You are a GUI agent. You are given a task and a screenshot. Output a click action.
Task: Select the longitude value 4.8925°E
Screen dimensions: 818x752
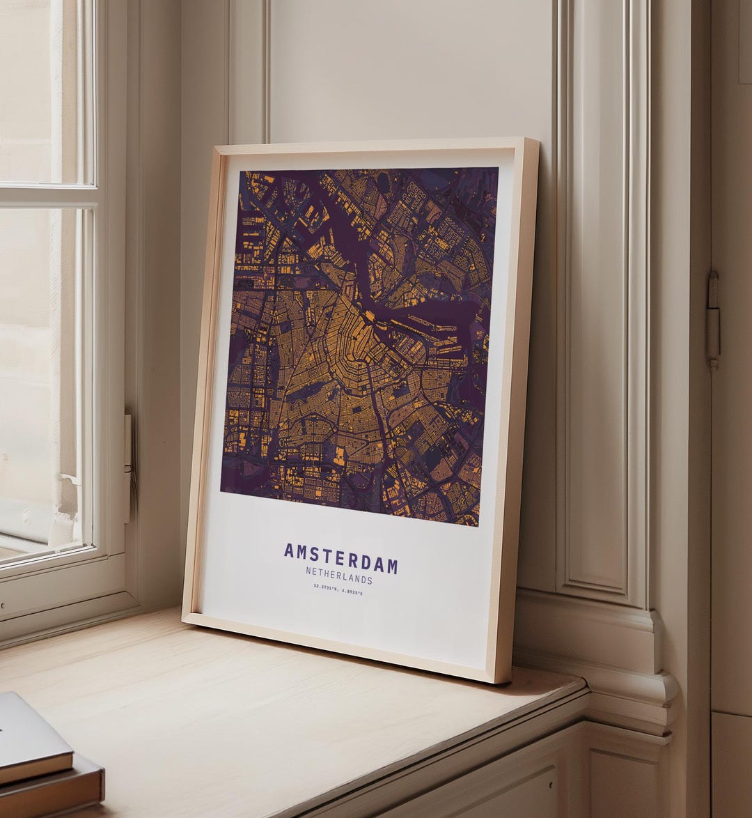coord(352,592)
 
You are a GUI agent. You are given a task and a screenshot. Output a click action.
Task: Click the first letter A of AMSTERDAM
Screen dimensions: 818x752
coord(289,550)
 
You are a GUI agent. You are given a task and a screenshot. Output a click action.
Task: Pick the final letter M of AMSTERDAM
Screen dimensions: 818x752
coord(392,565)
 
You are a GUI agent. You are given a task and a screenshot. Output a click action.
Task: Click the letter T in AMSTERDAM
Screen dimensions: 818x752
coord(327,555)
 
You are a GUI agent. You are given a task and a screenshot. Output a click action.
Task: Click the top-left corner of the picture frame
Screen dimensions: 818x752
coord(218,147)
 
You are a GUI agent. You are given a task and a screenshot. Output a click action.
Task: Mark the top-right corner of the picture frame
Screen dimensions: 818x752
coord(537,139)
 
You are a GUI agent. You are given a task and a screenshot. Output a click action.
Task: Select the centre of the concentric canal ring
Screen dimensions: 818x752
coord(348,348)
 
